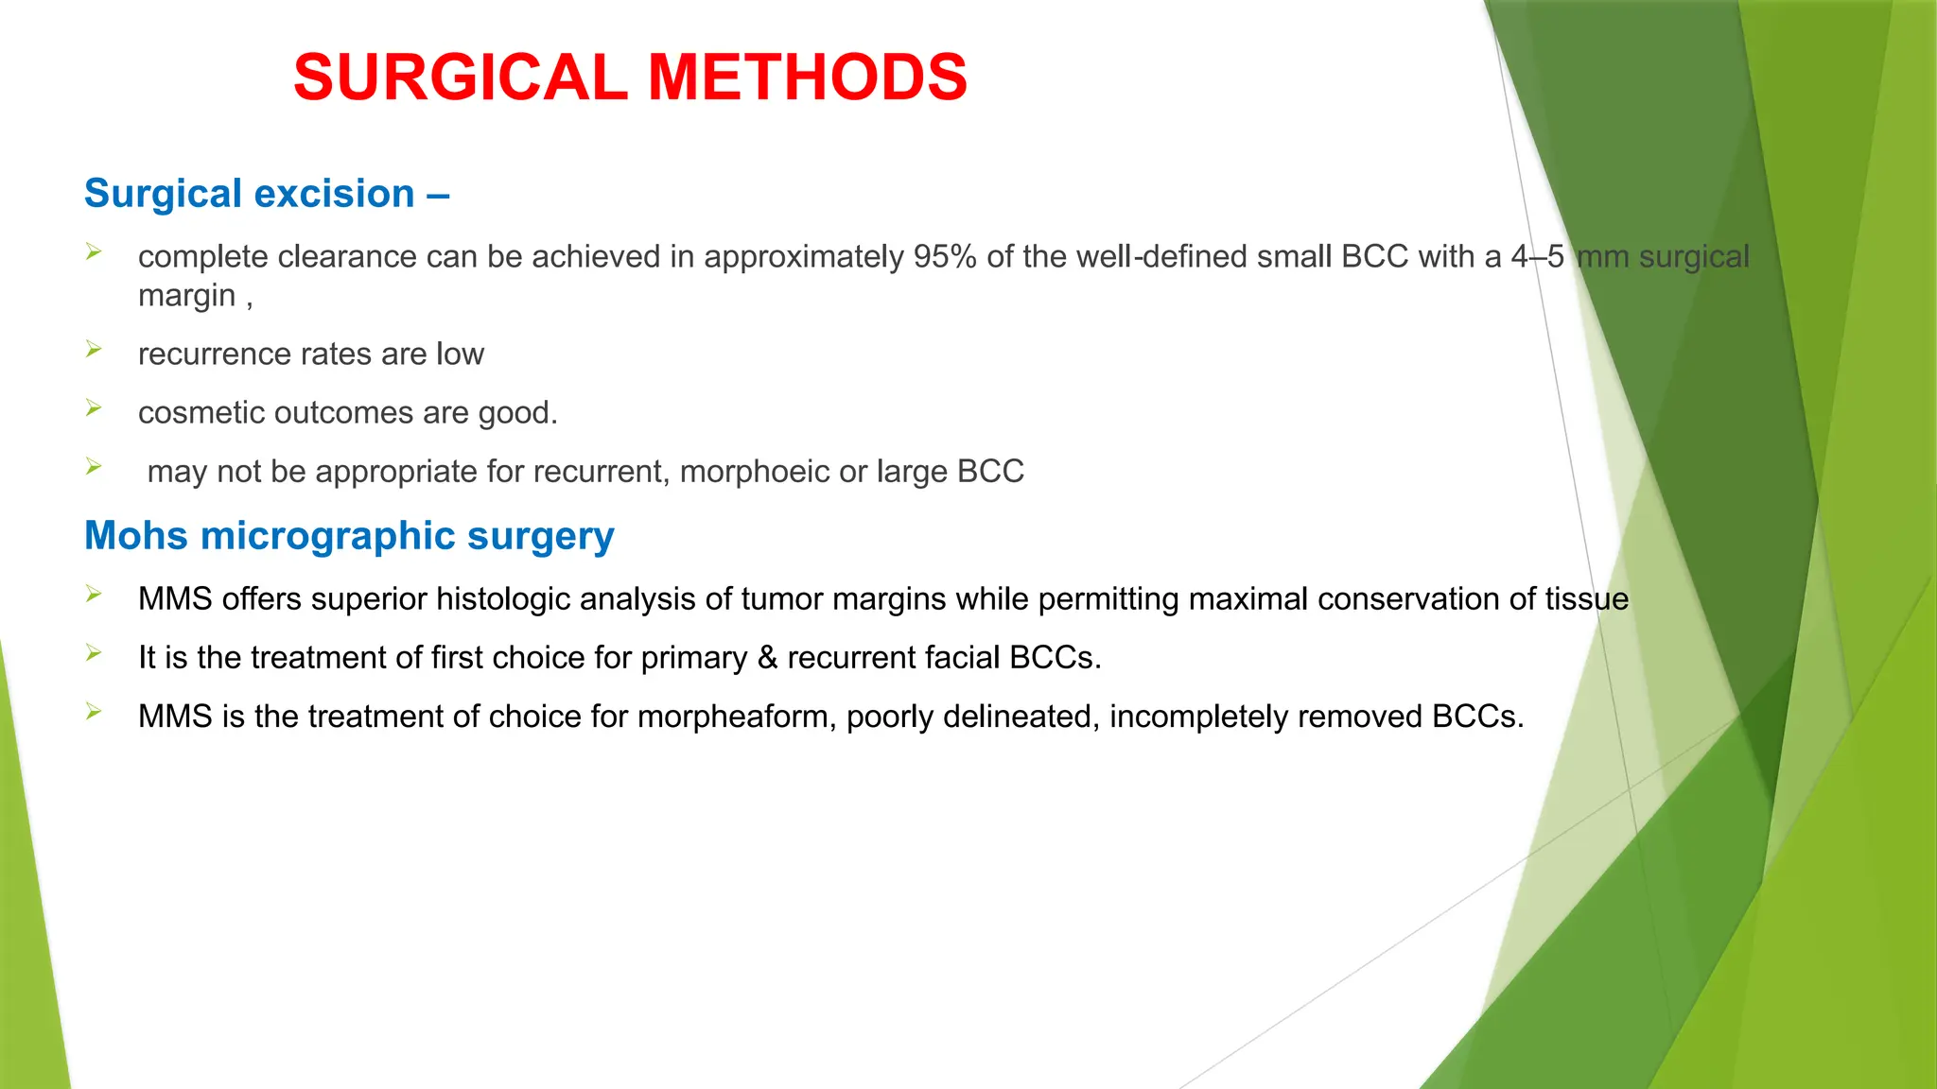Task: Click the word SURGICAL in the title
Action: point(461,78)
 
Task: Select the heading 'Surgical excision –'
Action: point(266,194)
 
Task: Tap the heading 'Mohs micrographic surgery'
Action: point(349,536)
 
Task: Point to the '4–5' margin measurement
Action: point(1537,257)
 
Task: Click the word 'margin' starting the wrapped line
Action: point(186,297)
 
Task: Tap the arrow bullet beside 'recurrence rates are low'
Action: point(94,350)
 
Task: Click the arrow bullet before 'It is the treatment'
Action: point(94,653)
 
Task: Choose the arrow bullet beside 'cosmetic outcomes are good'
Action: point(94,408)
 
